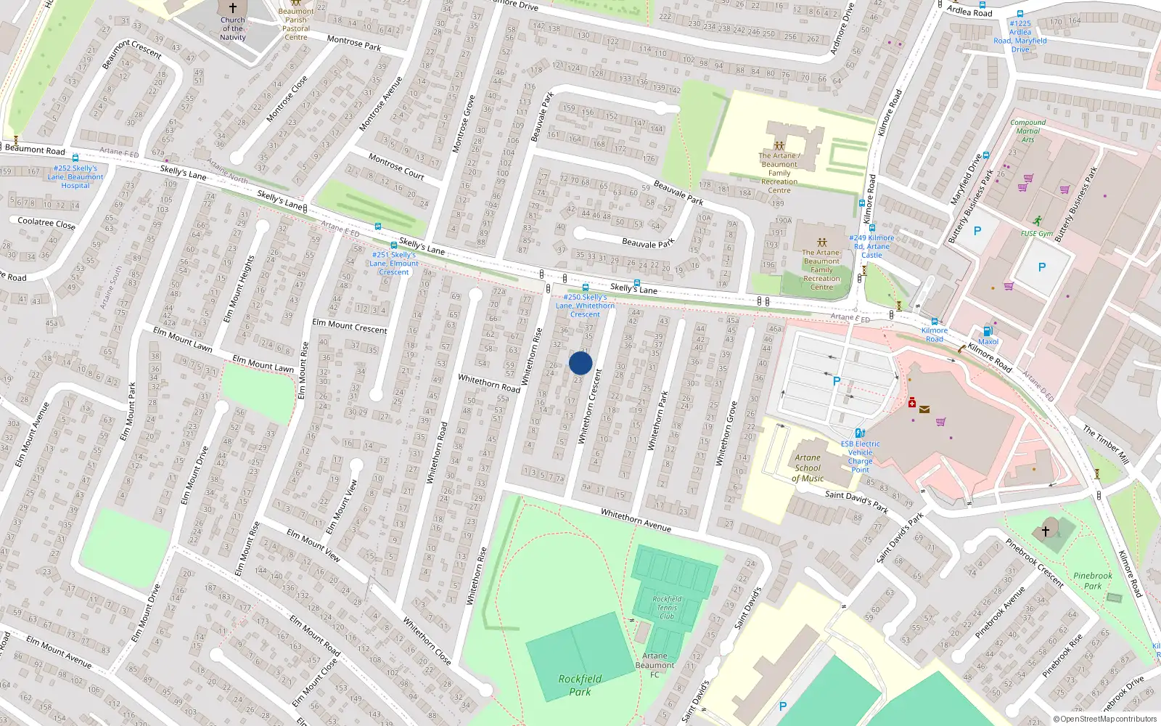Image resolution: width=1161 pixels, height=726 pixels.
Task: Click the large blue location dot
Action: pyautogui.click(x=580, y=363)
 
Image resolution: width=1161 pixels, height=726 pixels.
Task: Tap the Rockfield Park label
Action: pyautogui.click(x=580, y=685)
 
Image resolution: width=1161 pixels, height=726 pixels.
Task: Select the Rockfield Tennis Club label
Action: pyautogui.click(x=667, y=608)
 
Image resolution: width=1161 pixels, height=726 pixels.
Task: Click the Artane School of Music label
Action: pyautogui.click(x=808, y=468)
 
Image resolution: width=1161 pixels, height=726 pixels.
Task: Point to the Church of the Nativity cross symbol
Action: pyautogui.click(x=233, y=8)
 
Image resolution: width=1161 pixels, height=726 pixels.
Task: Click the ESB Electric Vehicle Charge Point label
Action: pyautogui.click(x=860, y=457)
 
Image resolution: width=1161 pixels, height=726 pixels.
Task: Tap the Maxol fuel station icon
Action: pyautogui.click(x=988, y=331)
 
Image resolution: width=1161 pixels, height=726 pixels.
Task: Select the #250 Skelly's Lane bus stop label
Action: pyautogui.click(x=585, y=306)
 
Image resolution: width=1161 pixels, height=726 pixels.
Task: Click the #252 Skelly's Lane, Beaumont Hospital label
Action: pyautogui.click(x=75, y=176)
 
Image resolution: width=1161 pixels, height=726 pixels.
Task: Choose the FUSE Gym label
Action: pyautogui.click(x=1036, y=234)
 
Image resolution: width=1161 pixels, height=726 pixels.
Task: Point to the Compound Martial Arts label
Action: pyautogui.click(x=1027, y=131)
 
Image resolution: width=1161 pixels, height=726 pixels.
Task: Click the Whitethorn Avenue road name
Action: pyautogui.click(x=636, y=520)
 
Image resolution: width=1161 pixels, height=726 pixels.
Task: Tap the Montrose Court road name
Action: pyautogui.click(x=396, y=166)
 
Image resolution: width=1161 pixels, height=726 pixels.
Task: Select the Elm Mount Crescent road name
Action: pyautogui.click(x=350, y=326)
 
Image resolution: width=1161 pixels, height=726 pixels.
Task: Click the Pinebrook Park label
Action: pyautogui.click(x=1092, y=581)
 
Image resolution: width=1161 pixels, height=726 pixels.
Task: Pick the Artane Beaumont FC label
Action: pyautogui.click(x=655, y=665)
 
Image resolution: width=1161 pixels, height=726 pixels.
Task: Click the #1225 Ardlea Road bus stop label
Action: pyautogui.click(x=1020, y=36)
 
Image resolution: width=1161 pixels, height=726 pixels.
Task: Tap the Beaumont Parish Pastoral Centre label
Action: pyautogui.click(x=296, y=24)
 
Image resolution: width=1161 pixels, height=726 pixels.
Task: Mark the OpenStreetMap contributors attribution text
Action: pyautogui.click(x=1105, y=719)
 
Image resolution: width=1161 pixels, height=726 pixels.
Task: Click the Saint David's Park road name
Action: pyautogui.click(x=856, y=501)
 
